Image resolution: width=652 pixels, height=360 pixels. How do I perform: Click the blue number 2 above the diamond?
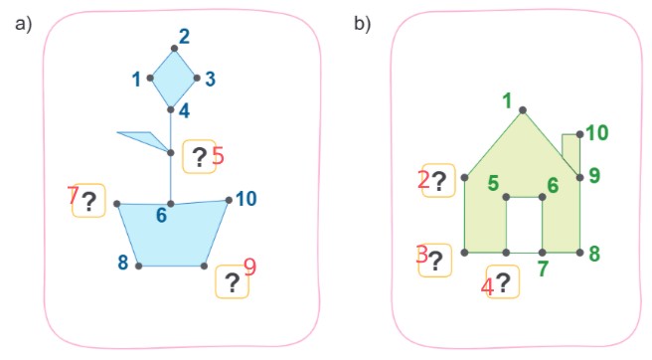(185, 37)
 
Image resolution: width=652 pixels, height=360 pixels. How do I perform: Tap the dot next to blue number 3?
(197, 78)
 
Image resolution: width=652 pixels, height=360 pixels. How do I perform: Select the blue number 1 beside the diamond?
(136, 80)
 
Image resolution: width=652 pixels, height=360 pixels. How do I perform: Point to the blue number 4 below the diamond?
(184, 111)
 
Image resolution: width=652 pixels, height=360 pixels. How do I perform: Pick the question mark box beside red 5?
(199, 156)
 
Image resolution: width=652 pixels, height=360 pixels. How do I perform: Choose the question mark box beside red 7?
(88, 201)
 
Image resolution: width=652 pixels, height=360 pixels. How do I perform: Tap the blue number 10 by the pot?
(246, 199)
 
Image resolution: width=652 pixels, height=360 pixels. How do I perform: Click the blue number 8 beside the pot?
(122, 263)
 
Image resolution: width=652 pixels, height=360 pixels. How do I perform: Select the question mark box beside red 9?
(232, 281)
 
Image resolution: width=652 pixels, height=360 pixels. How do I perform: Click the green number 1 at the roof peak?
(507, 101)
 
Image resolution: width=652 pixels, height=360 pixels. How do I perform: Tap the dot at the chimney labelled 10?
(580, 134)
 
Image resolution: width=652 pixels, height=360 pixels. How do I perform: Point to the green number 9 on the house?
(594, 176)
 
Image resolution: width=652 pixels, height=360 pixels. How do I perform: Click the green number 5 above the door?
(493, 183)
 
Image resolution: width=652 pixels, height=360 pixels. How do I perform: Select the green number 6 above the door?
(553, 185)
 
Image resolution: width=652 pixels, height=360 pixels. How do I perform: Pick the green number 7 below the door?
(543, 269)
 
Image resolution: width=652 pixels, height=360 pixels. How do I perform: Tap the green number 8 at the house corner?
(594, 254)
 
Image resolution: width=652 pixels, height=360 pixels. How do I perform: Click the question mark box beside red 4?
(503, 281)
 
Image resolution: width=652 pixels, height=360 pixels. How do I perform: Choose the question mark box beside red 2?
(438, 181)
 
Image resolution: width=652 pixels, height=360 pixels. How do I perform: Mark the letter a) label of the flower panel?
(23, 23)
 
